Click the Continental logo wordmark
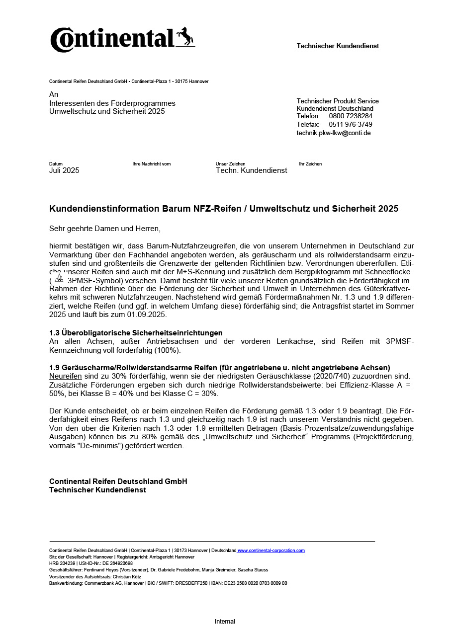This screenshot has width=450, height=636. pos(112,40)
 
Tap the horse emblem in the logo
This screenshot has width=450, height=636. pos(185,37)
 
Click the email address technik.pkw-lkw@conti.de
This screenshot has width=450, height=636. pos(334,133)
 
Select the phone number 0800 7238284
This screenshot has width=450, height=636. pos(351,116)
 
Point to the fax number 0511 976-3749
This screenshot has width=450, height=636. pos(351,124)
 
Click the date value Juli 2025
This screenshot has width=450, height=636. pos(64,170)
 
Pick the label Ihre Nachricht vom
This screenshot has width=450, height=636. pos(152,164)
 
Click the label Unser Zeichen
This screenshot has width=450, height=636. pos(230,164)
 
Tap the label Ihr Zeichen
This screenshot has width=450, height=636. pos(310,164)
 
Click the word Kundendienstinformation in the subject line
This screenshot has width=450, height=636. pos(104,209)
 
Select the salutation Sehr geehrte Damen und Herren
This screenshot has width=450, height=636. pos(105,229)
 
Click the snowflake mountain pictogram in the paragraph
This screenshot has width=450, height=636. pos(59,278)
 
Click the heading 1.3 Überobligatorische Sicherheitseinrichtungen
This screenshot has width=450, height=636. pos(136,332)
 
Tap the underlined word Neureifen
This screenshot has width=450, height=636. pos(65,376)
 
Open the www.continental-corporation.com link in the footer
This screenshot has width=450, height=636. pos(271,551)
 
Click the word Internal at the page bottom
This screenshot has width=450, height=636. pos(225,622)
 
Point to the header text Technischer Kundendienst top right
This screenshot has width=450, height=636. pos(338,46)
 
